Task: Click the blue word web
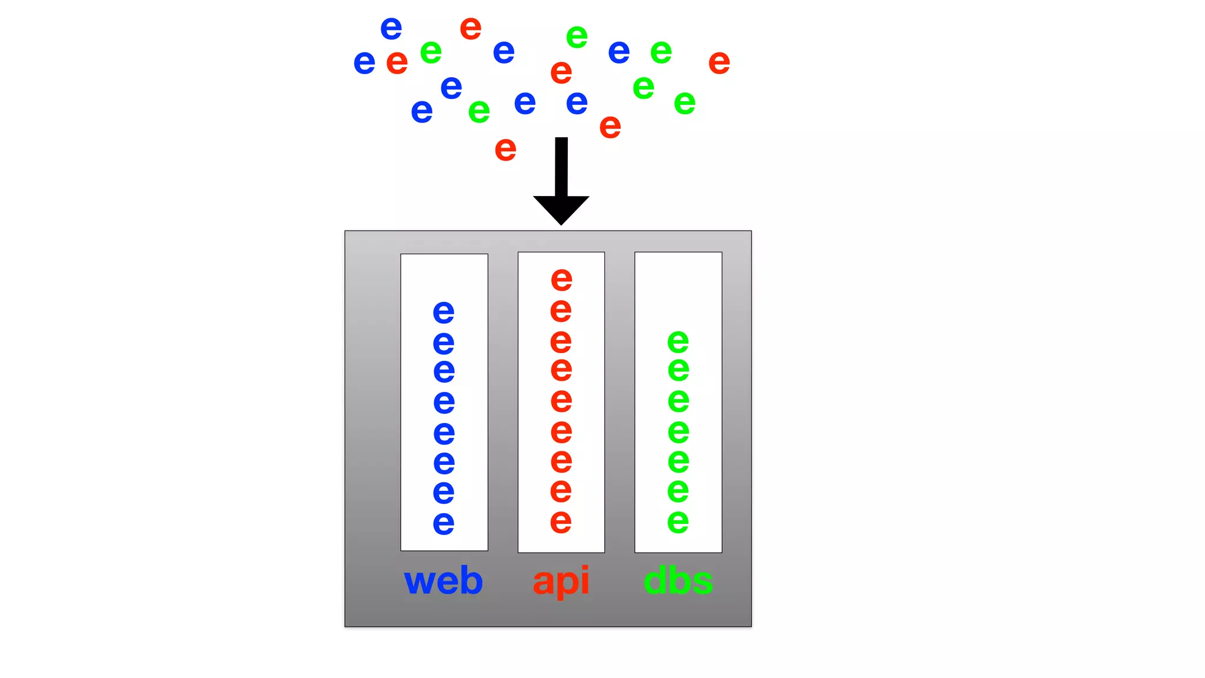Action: click(443, 581)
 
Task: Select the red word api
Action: click(561, 581)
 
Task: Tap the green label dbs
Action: click(678, 581)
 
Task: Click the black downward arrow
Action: click(561, 182)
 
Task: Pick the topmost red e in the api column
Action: click(561, 279)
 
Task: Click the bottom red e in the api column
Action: click(561, 521)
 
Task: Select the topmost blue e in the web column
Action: click(444, 312)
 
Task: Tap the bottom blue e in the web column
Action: click(444, 523)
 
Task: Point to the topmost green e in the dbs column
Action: click(678, 341)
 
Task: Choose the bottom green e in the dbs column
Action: click(678, 521)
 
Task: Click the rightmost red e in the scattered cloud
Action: click(719, 62)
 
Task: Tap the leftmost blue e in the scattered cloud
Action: click(364, 62)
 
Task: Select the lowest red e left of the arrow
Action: click(505, 149)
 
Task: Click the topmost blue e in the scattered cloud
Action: click(391, 28)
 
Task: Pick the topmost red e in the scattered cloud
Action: click(471, 28)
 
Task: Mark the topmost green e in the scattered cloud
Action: click(577, 37)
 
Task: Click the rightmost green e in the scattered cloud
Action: click(684, 103)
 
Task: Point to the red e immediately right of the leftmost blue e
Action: click(397, 62)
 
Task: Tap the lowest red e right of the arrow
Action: click(610, 127)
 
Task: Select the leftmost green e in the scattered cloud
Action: click(431, 52)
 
